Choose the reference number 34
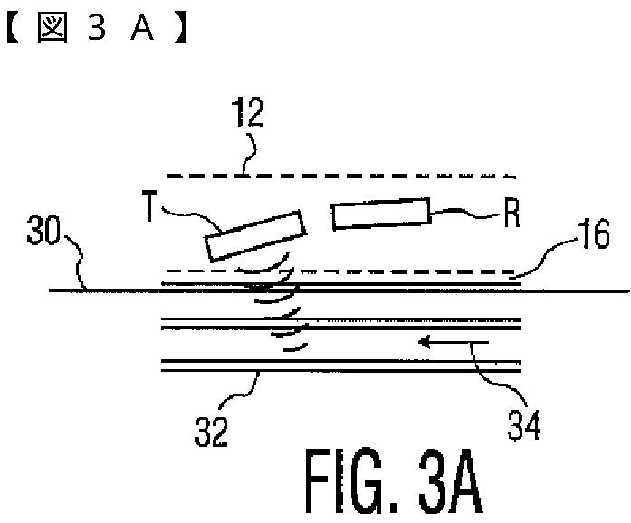point(524,423)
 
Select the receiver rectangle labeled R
point(381,214)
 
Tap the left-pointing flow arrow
point(453,343)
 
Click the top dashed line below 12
point(337,176)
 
